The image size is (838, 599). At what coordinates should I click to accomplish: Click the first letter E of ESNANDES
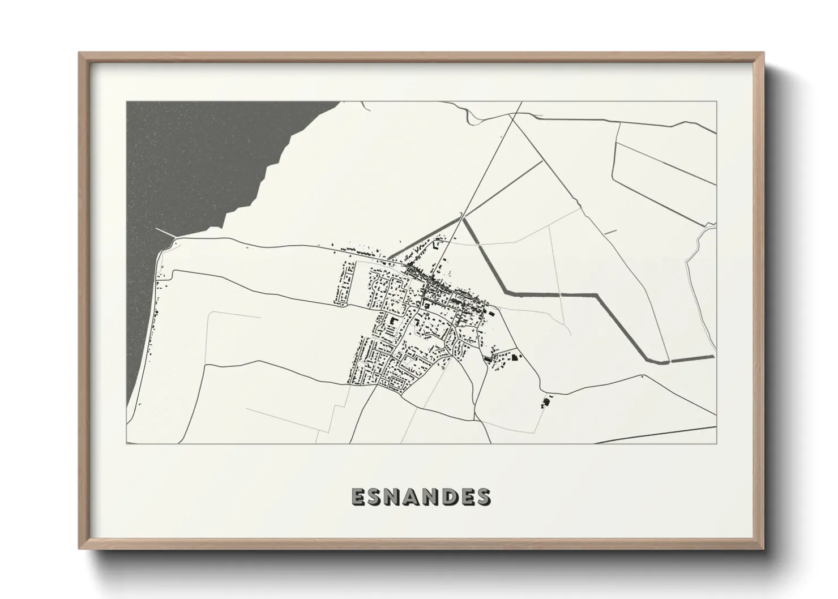pos(360,497)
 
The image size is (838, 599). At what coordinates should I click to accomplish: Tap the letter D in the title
pos(448,497)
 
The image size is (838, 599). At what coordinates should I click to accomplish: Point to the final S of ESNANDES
pos(483,497)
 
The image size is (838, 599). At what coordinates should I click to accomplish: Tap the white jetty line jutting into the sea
pos(164,234)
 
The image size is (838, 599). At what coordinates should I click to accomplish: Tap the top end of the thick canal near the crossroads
pos(464,219)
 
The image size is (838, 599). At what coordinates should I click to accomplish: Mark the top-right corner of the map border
pos(717,101)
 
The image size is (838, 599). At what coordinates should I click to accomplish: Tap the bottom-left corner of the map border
pos(126,443)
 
